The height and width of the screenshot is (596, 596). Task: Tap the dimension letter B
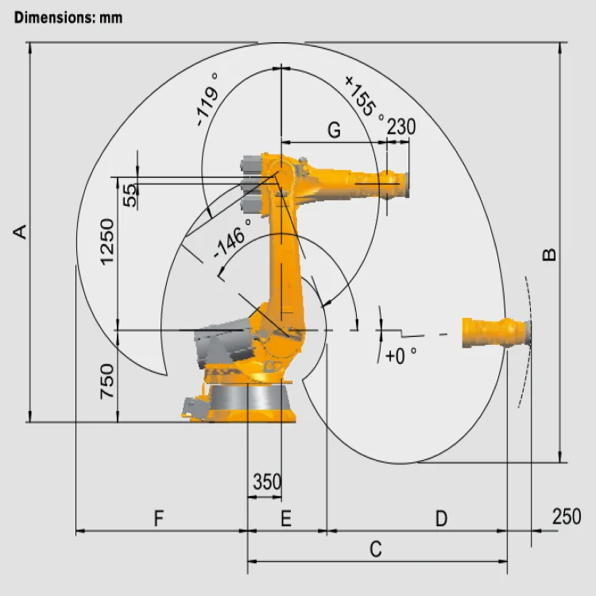[549, 254]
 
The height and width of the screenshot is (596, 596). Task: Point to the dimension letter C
[376, 548]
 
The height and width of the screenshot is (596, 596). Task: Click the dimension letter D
[441, 519]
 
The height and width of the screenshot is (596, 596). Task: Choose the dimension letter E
[286, 519]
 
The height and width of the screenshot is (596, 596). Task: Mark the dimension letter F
[159, 519]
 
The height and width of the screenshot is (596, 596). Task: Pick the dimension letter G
[334, 130]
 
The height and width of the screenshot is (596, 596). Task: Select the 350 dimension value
[267, 482]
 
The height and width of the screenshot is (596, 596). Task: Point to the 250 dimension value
[566, 517]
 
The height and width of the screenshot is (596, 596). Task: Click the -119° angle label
[207, 100]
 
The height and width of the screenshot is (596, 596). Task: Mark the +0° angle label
[401, 356]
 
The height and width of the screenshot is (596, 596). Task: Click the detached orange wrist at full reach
[496, 332]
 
